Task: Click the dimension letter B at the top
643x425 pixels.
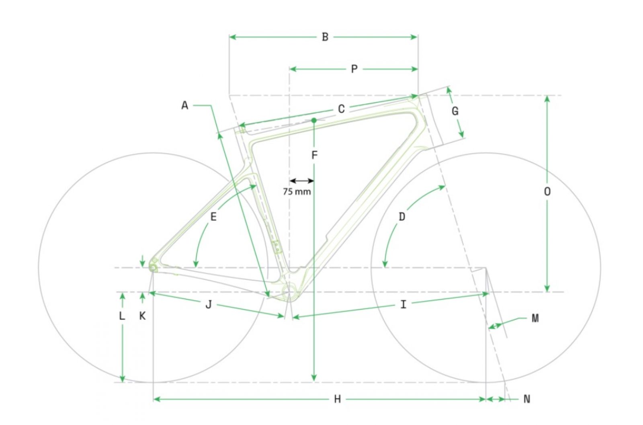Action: [325, 37]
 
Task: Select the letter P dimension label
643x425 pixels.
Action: [354, 69]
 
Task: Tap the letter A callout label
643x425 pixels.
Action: [185, 106]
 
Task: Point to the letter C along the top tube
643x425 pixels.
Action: [341, 109]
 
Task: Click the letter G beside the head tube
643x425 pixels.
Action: [455, 111]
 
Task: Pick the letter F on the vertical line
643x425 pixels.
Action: [315, 155]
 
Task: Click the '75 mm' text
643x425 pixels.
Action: [297, 191]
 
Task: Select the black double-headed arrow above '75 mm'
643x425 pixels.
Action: [302, 181]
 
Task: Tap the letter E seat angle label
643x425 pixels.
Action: [213, 217]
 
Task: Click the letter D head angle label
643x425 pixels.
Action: [402, 217]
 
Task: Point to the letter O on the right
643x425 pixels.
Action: [547, 191]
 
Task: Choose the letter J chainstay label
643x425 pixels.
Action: [209, 304]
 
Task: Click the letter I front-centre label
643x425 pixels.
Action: [403, 305]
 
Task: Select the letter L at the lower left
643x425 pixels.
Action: [122, 316]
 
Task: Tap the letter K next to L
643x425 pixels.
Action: [142, 316]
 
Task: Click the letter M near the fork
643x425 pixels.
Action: [535, 318]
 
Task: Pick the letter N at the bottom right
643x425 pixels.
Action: [527, 399]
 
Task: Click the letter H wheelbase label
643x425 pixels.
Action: [338, 399]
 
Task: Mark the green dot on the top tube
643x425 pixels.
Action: [314, 120]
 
